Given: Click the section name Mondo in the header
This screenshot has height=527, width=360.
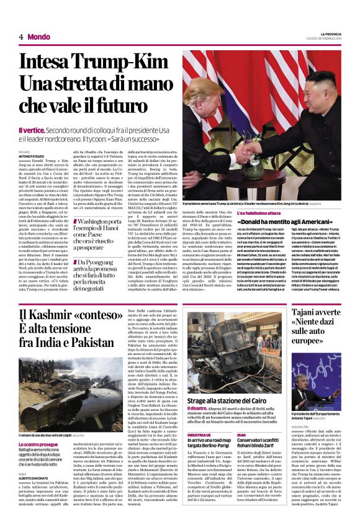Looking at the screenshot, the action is click(x=38, y=37).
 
